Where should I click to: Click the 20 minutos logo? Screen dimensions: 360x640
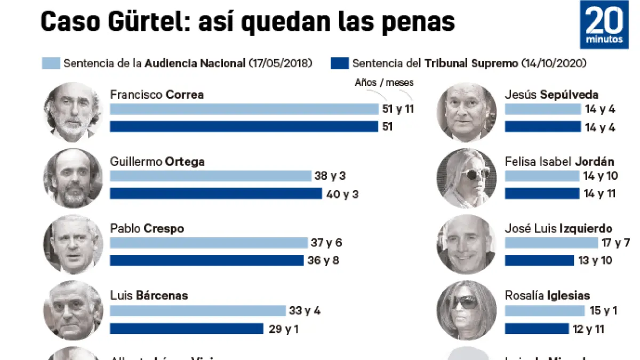[x=604, y=25]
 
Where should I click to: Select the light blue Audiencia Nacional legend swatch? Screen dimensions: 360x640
[x=51, y=63]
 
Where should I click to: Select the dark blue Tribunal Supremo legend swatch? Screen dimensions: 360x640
[x=340, y=63]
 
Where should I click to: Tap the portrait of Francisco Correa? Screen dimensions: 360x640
[x=73, y=112]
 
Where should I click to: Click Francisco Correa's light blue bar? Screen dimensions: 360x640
[x=244, y=109]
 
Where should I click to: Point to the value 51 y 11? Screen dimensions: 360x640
[x=398, y=109]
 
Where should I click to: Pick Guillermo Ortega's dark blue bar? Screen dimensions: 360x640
[x=216, y=194]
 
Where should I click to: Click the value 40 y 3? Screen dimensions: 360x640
[x=342, y=194]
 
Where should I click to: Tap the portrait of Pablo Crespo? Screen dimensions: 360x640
[x=73, y=244]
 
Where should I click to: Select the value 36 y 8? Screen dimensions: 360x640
[x=323, y=261]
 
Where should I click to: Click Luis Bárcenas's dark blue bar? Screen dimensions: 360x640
[x=187, y=329]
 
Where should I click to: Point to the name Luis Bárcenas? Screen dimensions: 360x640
[x=149, y=295]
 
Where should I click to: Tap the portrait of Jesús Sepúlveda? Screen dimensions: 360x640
[x=466, y=112]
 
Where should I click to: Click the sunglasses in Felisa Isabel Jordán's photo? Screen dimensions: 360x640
[x=474, y=174]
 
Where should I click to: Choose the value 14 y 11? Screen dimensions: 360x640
[x=599, y=194]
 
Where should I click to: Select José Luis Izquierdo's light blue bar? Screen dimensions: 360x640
[x=551, y=243]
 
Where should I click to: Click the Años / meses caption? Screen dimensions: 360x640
[x=384, y=83]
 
